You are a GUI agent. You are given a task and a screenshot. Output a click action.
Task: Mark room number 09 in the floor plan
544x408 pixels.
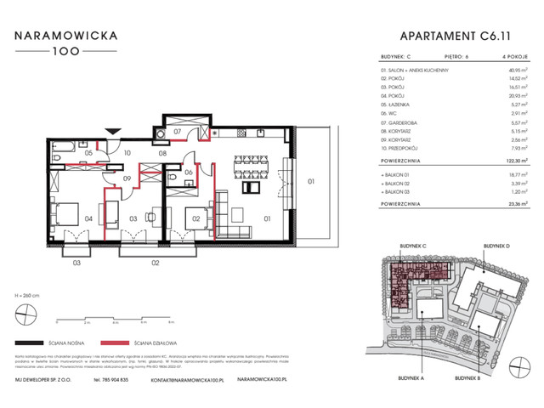pyautogui.click(x=126, y=178)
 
